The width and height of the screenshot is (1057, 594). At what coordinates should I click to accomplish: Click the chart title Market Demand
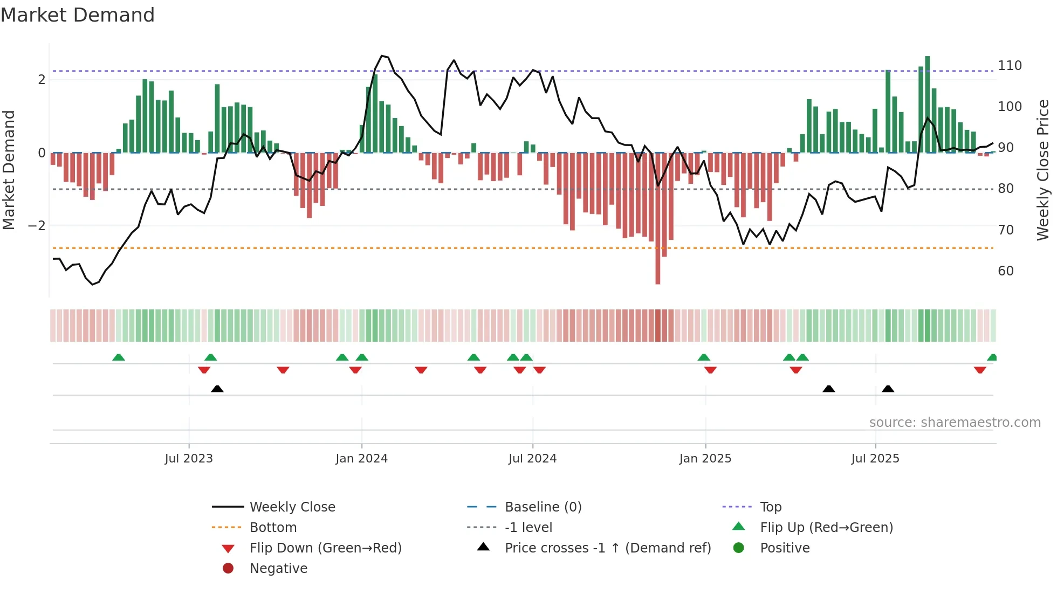click(78, 15)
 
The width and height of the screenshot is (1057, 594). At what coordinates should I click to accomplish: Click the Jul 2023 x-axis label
click(189, 459)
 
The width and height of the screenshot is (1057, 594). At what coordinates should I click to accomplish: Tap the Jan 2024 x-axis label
click(361, 459)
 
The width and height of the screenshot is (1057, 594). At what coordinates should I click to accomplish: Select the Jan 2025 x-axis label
click(705, 459)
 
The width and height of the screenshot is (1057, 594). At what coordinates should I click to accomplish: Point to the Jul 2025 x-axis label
click(875, 459)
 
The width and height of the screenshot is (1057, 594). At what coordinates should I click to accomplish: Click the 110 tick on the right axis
click(1010, 66)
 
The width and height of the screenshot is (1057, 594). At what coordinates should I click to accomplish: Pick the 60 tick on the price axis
click(1006, 271)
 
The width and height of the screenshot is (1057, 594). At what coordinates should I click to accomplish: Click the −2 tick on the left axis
click(37, 226)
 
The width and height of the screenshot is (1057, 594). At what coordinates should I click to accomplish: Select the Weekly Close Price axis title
click(1043, 170)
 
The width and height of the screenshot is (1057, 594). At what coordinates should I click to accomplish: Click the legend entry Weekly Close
click(292, 507)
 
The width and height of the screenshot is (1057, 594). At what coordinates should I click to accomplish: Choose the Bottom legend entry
click(273, 528)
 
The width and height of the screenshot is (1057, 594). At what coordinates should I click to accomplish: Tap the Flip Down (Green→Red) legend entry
click(325, 548)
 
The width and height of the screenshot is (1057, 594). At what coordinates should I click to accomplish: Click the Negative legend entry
click(278, 569)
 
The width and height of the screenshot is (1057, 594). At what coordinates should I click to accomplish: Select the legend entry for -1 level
click(528, 528)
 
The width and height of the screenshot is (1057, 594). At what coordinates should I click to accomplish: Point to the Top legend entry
click(771, 507)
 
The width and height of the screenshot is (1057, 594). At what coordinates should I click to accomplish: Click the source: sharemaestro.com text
click(955, 423)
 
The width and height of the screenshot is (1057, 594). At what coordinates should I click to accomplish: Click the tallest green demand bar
click(928, 102)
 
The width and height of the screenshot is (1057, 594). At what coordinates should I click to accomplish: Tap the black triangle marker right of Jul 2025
click(888, 389)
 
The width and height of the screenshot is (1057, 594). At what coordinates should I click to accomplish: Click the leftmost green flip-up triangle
click(119, 357)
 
